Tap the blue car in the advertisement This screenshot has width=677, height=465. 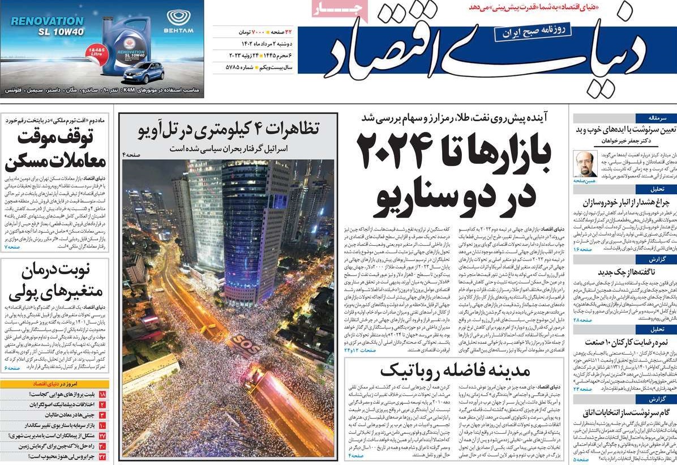click(144, 72)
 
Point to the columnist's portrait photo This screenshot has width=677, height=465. click(584, 164)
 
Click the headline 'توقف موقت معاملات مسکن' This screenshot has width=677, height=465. click(55, 150)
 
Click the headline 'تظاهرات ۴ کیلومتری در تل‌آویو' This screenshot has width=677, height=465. click(229, 129)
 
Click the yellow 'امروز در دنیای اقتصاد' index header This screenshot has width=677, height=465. click(55, 383)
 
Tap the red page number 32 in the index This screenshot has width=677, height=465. click(102, 457)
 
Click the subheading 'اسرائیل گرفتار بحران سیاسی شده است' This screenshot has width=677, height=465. click(229, 148)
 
